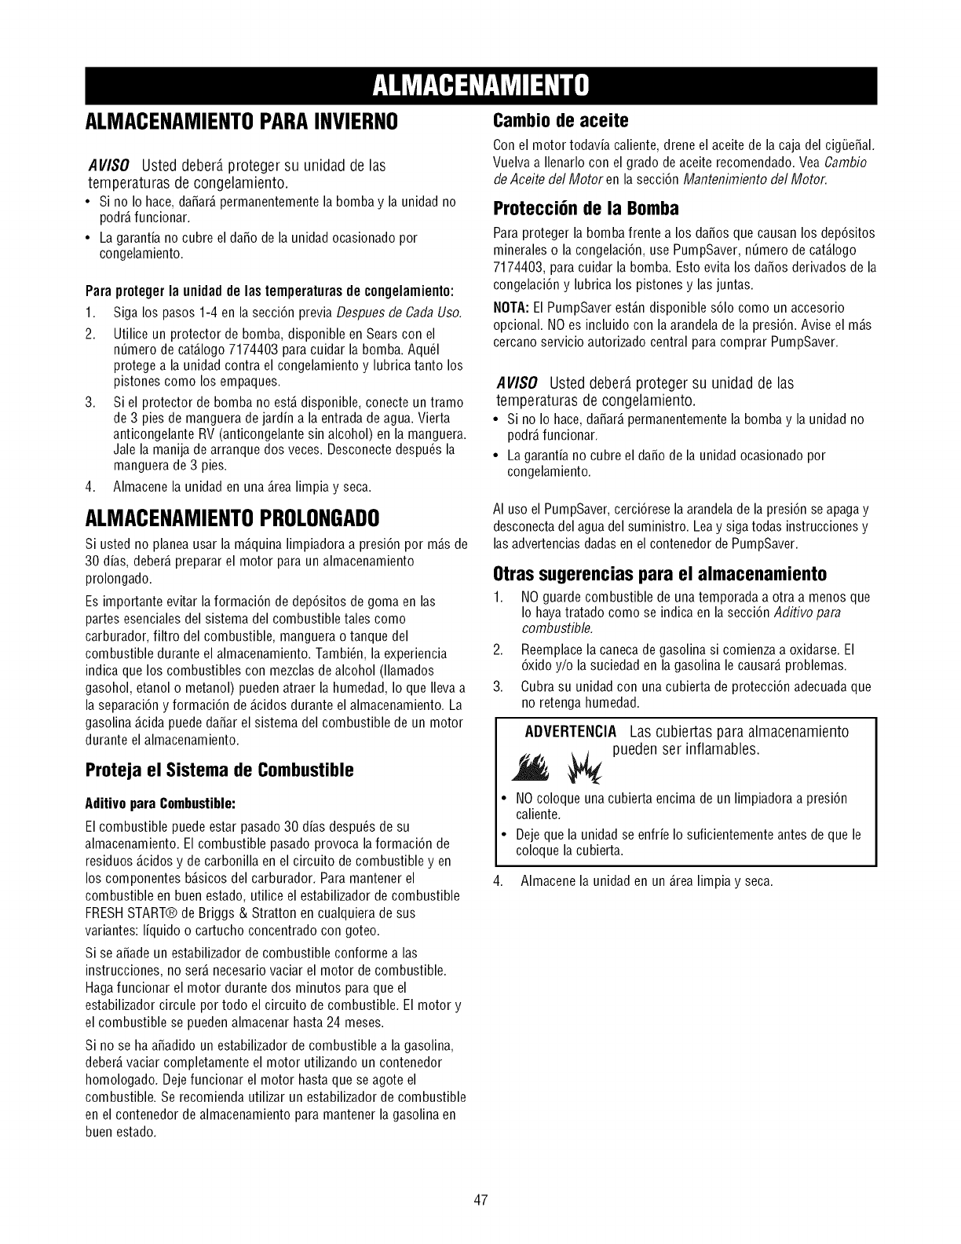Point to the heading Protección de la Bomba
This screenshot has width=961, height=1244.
click(x=586, y=210)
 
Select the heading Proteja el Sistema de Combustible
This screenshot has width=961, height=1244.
click(x=220, y=770)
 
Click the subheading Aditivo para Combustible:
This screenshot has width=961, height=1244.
click(x=161, y=804)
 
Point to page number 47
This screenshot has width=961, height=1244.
click(x=481, y=1201)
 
